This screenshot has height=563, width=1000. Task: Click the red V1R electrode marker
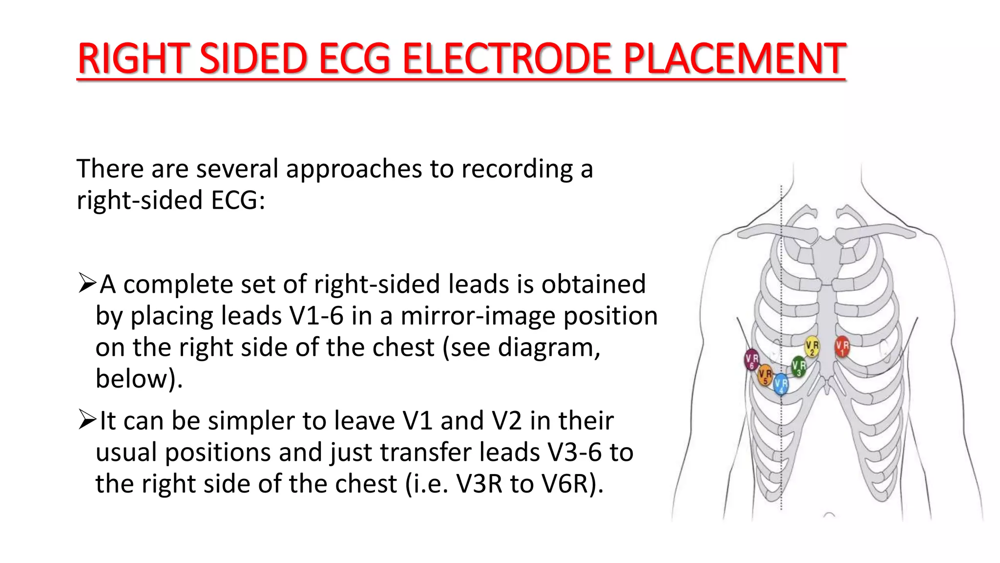coord(842,346)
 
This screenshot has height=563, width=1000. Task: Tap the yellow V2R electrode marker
coord(812,346)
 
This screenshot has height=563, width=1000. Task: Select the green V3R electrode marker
coord(799,366)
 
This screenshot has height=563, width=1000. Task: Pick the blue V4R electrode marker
coord(781,384)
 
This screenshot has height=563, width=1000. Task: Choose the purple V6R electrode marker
coord(751,359)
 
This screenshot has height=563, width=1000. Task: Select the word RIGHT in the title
coord(133,59)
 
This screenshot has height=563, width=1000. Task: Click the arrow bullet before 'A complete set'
coord(87,283)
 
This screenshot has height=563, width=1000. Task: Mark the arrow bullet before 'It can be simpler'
coord(87,420)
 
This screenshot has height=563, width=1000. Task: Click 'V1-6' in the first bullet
coord(316,316)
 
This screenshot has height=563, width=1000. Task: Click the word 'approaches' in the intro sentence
coord(354,169)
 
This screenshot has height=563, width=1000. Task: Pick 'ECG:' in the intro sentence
coord(238,200)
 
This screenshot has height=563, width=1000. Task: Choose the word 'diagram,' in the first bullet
coord(549,347)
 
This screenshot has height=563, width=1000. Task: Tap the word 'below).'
coord(139,379)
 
